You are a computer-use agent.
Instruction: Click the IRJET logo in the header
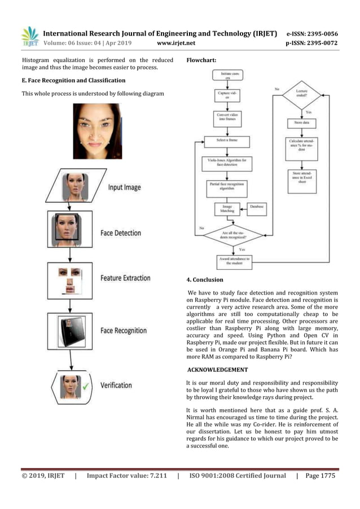pyautogui.click(x=30, y=37)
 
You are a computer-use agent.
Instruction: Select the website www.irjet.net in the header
pyautogui.click(x=177, y=42)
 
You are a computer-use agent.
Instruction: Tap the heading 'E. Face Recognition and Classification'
pyautogui.click(x=73, y=81)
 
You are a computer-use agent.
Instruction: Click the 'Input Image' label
pyautogui.click(x=124, y=187)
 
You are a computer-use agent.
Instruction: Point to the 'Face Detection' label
pyautogui.click(x=121, y=232)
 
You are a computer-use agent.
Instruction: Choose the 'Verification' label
pyautogui.click(x=116, y=385)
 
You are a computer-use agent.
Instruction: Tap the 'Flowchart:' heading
pyautogui.click(x=201, y=59)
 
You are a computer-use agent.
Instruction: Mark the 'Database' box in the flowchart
pyautogui.click(x=257, y=207)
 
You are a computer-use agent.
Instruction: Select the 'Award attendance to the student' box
pyautogui.click(x=234, y=261)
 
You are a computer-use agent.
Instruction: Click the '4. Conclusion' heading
pyautogui.click(x=205, y=279)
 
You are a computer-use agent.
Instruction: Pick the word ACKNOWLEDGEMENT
pyautogui.click(x=218, y=370)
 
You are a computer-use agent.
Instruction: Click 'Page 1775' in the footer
pyautogui.click(x=320, y=476)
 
